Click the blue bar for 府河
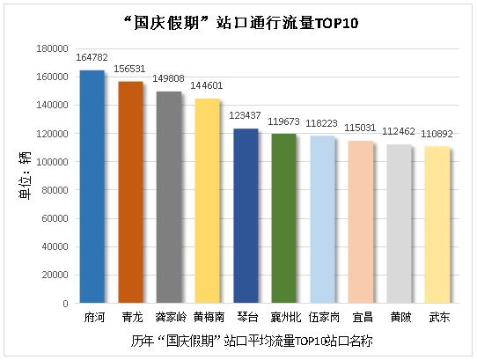tap(92, 187)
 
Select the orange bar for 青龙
tap(130, 192)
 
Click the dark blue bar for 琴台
tap(246, 216)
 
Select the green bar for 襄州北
tap(283, 218)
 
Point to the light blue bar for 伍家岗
tap(322, 219)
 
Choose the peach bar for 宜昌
tap(361, 222)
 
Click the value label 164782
tap(92, 57)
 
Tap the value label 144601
tap(207, 86)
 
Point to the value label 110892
tap(437, 133)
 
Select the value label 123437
tap(246, 116)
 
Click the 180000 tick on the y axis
tap(53, 48)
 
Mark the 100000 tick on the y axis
tap(53, 162)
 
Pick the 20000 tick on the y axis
tap(55, 275)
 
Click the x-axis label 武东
tap(437, 316)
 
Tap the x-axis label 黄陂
tap(399, 316)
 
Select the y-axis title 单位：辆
tap(24, 176)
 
